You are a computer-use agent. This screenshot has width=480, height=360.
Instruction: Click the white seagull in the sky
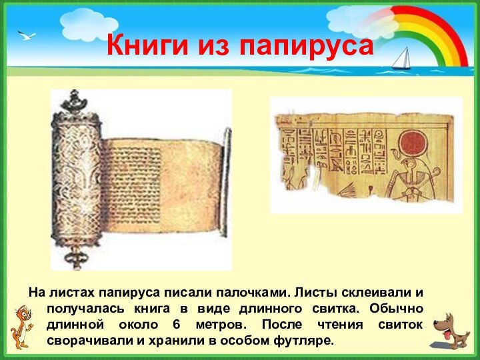click(27, 35)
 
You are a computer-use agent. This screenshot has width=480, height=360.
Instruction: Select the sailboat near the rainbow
click(401, 59)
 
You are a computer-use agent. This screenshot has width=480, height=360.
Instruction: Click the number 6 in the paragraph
click(176, 325)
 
